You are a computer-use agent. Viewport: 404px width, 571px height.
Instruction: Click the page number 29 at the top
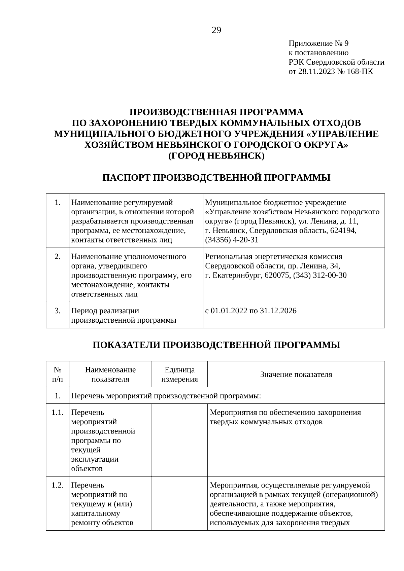click(x=216, y=31)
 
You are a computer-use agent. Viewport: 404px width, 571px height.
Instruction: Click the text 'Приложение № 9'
click(x=318, y=43)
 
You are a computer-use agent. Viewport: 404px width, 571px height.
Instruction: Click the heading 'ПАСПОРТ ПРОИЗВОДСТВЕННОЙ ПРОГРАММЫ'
click(x=216, y=178)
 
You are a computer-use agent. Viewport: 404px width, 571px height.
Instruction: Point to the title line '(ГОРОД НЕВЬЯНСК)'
click(x=216, y=156)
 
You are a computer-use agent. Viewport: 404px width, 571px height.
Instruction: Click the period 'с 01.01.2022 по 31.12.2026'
click(x=251, y=311)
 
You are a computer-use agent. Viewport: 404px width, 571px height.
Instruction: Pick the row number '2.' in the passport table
click(x=58, y=256)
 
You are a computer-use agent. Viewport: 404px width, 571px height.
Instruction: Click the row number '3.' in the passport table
click(x=58, y=311)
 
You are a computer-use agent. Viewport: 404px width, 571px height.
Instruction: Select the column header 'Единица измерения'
click(x=179, y=374)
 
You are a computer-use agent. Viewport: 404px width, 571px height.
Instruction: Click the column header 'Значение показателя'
click(x=296, y=374)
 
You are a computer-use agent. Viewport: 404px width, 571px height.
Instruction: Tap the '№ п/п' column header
click(x=58, y=374)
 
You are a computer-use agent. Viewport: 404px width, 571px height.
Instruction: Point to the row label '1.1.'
click(x=58, y=413)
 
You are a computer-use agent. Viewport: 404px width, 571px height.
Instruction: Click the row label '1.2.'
click(x=58, y=485)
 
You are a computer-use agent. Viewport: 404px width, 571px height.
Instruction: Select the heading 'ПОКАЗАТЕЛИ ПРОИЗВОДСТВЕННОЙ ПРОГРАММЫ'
click(x=216, y=345)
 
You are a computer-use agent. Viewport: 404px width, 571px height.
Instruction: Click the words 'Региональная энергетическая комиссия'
click(x=273, y=256)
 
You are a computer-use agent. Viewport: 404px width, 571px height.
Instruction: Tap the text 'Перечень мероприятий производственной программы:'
click(x=166, y=396)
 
